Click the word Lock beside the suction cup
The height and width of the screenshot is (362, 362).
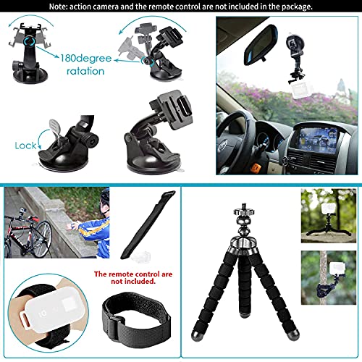point(25,145)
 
